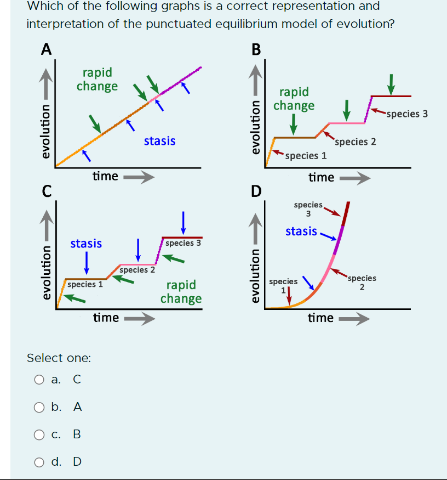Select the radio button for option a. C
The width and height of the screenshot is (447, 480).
(x=39, y=379)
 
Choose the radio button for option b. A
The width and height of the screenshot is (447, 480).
(x=39, y=407)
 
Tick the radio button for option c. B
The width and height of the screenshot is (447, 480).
(x=39, y=434)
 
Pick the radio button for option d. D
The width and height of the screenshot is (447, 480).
(x=39, y=461)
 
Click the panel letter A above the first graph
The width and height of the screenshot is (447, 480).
(x=47, y=49)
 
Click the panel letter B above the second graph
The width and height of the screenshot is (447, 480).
(x=256, y=49)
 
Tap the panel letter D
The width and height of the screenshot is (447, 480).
(x=256, y=191)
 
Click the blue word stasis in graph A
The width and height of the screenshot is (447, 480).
(x=159, y=141)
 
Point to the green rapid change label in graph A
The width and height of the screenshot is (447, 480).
(x=97, y=80)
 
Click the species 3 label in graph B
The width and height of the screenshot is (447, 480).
(x=406, y=114)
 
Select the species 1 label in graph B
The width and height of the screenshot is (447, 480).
(x=306, y=155)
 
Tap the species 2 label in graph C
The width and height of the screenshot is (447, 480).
(x=137, y=270)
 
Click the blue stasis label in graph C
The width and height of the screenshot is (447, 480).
(x=86, y=243)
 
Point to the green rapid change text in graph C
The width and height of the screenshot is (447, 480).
(x=181, y=292)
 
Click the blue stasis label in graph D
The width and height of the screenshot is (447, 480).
(x=301, y=231)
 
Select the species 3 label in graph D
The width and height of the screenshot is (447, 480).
(x=308, y=209)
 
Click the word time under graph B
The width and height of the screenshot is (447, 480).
(x=321, y=177)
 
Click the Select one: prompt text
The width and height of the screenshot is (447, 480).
(x=59, y=358)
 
